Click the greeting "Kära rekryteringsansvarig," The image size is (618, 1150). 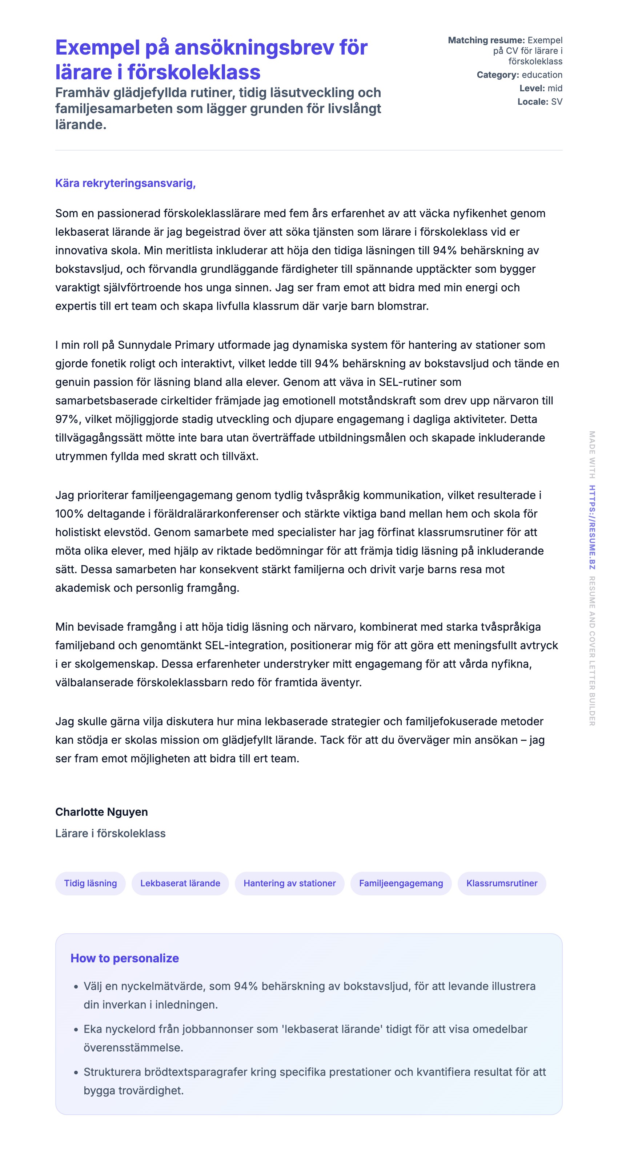(x=125, y=183)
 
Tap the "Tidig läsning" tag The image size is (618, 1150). (x=91, y=883)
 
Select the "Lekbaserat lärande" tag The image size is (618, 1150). (x=180, y=883)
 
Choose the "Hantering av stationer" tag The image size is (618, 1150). (x=290, y=883)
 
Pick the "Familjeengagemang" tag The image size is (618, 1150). (x=401, y=883)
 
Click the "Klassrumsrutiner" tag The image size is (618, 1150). (x=502, y=883)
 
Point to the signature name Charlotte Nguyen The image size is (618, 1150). (x=101, y=812)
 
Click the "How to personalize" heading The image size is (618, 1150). (x=124, y=958)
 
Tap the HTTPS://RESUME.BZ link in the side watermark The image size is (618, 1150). (x=592, y=527)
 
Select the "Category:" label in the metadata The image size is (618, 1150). (x=498, y=75)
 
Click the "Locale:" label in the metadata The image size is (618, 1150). (x=532, y=102)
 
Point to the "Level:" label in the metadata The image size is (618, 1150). (x=532, y=88)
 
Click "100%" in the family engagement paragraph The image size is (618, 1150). (x=69, y=514)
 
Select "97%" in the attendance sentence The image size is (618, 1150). (x=67, y=419)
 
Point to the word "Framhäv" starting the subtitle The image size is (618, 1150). (x=82, y=93)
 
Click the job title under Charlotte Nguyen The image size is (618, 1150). (x=110, y=834)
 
